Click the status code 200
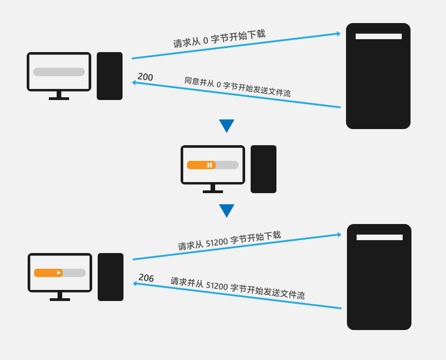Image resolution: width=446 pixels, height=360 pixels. point(145,77)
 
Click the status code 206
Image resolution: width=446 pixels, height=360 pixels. point(146,278)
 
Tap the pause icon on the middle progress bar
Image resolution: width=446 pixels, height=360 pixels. point(210,165)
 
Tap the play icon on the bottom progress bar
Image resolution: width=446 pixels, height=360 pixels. point(59,273)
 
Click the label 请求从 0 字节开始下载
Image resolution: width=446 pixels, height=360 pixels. point(219,39)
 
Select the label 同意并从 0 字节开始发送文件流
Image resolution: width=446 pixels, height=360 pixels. point(237,87)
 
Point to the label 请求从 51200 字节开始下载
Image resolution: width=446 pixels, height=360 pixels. point(229,240)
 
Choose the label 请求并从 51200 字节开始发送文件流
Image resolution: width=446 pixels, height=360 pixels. point(238,288)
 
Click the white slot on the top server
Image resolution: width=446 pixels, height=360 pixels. point(378,36)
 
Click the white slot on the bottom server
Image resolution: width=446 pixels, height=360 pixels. point(379,237)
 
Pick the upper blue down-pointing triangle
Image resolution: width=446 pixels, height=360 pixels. point(227,125)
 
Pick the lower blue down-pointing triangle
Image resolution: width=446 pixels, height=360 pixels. point(227,210)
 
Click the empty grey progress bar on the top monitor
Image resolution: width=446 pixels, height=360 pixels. point(59,72)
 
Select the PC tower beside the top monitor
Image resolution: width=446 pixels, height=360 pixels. point(110,76)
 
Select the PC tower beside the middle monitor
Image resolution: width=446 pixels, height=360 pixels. point(264,169)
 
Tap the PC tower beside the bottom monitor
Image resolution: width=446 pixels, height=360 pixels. point(111,277)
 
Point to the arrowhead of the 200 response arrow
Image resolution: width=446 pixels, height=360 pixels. point(134,83)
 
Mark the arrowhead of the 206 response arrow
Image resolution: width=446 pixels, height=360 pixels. point(135,283)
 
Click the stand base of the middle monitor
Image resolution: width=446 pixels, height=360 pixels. point(213,191)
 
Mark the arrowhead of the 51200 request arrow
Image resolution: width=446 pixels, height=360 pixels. point(339,235)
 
